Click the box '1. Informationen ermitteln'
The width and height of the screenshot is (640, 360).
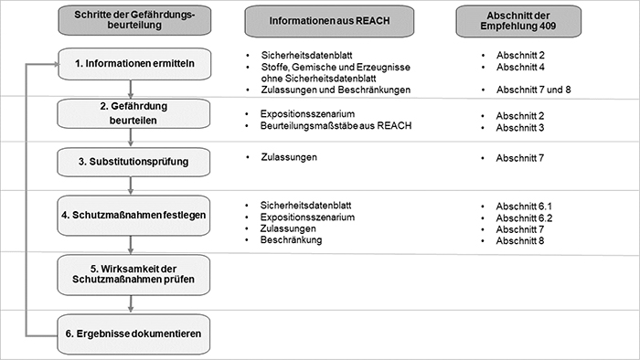coord(134,64)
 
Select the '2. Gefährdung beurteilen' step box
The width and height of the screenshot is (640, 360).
coord(134,113)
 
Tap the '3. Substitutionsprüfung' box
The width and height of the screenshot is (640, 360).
coord(134,163)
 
